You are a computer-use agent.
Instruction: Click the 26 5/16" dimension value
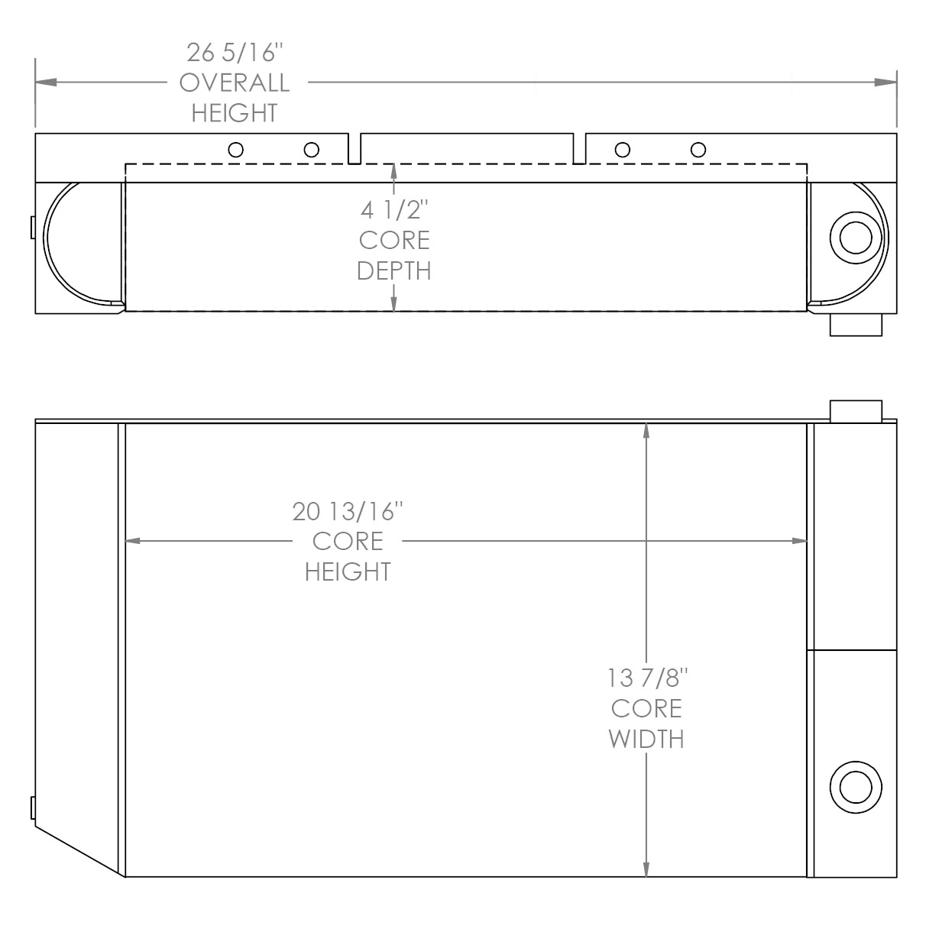coord(235,52)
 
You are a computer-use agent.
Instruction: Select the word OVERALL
coord(235,83)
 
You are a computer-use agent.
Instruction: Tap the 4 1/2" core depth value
coord(394,209)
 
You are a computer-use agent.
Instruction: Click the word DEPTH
coord(394,270)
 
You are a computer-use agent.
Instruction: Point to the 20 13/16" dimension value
coord(348,510)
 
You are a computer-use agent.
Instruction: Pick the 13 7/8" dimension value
coord(647,678)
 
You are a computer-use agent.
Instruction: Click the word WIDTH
coord(647,739)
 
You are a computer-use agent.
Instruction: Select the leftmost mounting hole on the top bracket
coord(236,150)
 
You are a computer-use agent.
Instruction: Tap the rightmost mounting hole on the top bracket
coord(698,150)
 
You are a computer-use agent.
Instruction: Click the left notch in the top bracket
coord(355,149)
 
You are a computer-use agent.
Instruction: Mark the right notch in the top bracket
coord(579,149)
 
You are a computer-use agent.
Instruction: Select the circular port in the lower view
coord(855,788)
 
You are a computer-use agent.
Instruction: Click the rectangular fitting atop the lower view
coord(856,410)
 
